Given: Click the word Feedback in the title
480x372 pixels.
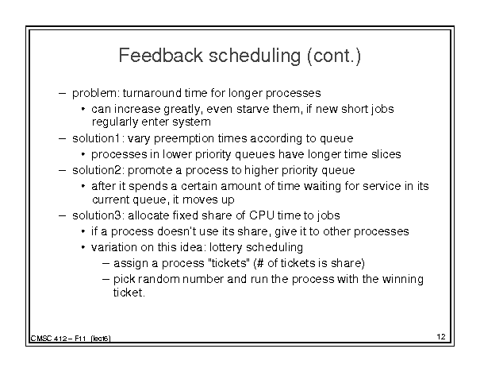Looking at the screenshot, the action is (161, 56).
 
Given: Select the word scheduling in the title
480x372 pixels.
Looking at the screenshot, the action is (255, 56).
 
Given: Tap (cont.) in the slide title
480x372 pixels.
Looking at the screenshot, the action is (334, 56).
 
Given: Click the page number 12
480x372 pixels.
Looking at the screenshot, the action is (441, 337).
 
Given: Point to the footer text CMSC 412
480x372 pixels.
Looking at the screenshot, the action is (48, 339).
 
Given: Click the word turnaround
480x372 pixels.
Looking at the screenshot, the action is (152, 93).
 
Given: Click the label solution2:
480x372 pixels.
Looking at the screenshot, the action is (98, 170).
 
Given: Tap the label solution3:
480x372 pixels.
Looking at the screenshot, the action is (98, 215).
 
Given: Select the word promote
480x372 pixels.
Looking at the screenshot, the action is (150, 171).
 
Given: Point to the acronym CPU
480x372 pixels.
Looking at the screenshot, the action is (262, 215).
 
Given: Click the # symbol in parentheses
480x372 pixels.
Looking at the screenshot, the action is (260, 263).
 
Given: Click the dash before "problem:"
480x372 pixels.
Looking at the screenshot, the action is (62, 93).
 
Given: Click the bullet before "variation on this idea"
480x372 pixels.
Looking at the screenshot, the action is (83, 247).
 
